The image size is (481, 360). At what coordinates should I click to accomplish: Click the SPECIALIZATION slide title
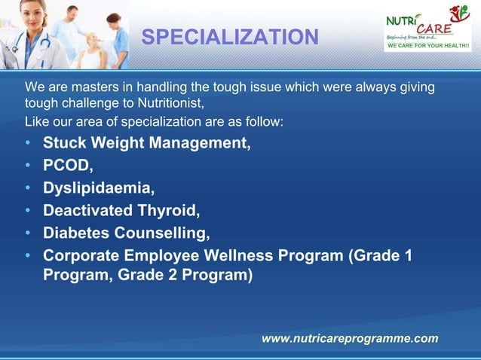click(x=230, y=36)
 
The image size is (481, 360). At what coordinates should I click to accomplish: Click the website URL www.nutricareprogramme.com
click(x=349, y=339)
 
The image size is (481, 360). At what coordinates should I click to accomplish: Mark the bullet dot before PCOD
click(x=28, y=166)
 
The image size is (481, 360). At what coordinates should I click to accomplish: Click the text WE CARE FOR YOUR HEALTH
click(x=428, y=47)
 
